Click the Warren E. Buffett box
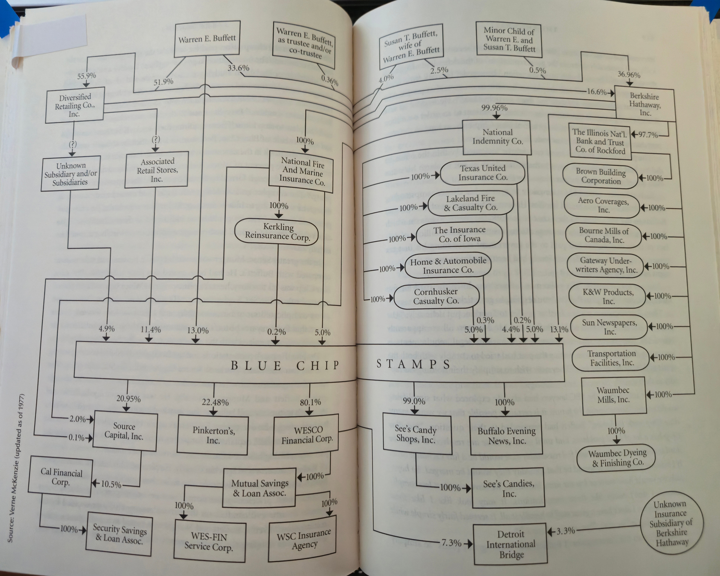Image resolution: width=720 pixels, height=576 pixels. (x=207, y=38)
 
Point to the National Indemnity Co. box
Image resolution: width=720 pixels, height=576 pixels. (x=497, y=137)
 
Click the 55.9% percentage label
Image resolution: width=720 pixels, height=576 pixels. (x=86, y=76)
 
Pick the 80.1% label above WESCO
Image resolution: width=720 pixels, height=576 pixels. (x=310, y=402)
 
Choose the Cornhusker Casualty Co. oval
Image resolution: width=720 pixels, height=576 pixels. (x=436, y=296)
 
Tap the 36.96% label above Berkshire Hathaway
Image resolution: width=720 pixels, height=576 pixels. (x=629, y=74)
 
